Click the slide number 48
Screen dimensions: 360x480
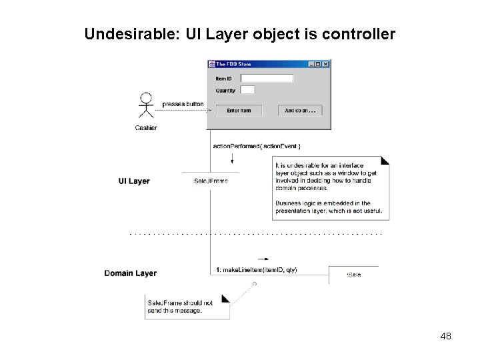tap(446, 337)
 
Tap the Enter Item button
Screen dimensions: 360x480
tap(239, 111)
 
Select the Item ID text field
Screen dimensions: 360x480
tap(267, 79)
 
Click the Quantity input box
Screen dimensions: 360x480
tap(247, 90)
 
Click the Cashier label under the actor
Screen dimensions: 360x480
tap(146, 127)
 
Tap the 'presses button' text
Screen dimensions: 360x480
tap(183, 104)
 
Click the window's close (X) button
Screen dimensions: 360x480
tap(325, 64)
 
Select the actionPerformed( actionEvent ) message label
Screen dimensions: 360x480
tap(257, 146)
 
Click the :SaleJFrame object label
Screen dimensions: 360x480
tap(210, 181)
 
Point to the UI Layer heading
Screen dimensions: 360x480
tap(134, 181)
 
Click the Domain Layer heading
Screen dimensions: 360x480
tap(130, 273)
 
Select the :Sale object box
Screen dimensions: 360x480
tap(353, 275)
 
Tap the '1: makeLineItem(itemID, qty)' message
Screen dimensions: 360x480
tap(257, 270)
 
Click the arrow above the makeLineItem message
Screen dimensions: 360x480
tap(263, 259)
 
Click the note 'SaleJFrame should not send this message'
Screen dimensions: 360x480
tap(187, 307)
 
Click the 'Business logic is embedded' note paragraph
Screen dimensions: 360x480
tap(329, 207)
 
